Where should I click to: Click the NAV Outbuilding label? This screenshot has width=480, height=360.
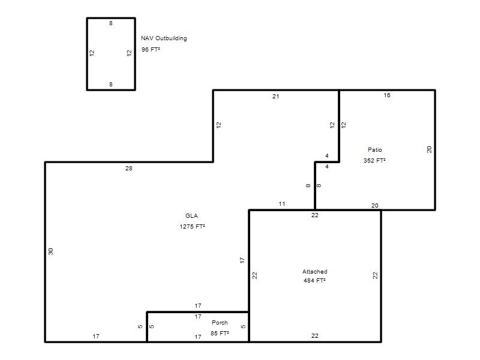(164, 38)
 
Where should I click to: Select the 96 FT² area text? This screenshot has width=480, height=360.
(151, 49)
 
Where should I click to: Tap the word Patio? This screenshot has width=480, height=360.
(374, 149)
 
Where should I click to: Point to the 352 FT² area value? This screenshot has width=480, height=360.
(374, 160)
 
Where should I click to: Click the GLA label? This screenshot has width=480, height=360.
(191, 215)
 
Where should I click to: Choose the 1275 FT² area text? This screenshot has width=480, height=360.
(192, 227)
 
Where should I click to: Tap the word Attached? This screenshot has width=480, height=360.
(314, 272)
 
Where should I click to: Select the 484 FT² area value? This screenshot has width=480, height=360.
(314, 280)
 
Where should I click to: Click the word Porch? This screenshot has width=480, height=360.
(220, 322)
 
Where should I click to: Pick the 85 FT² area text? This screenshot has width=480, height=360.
(220, 333)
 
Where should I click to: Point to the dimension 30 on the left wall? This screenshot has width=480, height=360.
(50, 251)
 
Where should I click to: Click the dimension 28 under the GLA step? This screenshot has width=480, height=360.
(129, 169)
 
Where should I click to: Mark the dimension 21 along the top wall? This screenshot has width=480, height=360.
(276, 97)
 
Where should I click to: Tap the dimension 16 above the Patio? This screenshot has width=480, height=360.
(387, 95)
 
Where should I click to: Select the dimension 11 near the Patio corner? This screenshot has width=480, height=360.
(282, 203)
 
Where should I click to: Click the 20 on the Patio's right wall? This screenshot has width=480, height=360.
(429, 149)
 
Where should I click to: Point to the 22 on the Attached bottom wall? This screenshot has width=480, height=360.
(314, 336)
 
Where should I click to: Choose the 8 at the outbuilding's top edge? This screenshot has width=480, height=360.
(111, 23)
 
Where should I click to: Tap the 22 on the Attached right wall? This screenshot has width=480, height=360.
(376, 275)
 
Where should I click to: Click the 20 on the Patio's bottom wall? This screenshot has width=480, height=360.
(374, 205)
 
